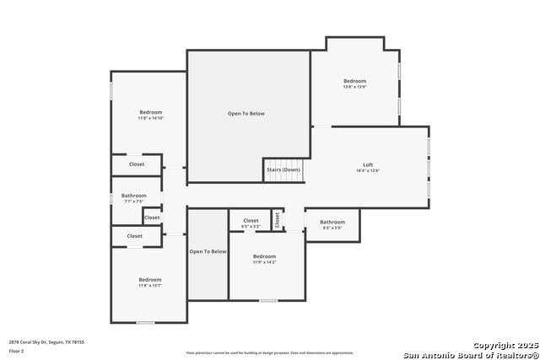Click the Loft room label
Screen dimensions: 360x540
[368, 164]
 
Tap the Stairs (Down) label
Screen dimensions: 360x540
[283, 169]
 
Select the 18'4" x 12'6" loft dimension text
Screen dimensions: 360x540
[368, 171]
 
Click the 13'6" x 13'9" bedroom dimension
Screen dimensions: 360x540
[354, 87]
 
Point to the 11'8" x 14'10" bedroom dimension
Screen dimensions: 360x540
[151, 119]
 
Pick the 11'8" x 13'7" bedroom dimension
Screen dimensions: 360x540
[150, 286]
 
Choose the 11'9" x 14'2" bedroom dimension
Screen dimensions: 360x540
[264, 262]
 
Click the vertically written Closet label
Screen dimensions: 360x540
[277, 220]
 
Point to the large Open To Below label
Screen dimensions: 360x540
[246, 113]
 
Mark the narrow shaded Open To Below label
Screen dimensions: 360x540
[208, 251]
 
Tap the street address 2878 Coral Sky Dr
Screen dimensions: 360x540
[46, 341]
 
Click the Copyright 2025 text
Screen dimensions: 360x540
[505, 345]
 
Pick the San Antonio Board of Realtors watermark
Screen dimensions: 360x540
[471, 353]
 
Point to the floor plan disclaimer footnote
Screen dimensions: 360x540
[270, 353]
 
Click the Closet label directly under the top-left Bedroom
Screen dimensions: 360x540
[137, 164]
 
